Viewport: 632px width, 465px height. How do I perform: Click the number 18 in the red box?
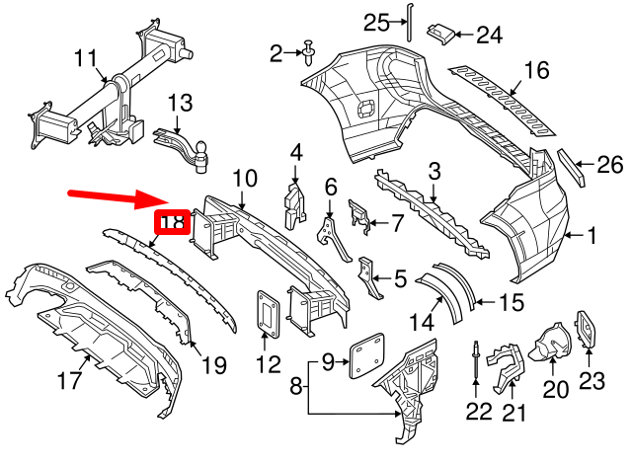pyautogui.click(x=172, y=222)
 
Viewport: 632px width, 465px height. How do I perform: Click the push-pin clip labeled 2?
pyautogui.click(x=310, y=49)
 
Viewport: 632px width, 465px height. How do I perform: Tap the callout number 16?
pyautogui.click(x=536, y=71)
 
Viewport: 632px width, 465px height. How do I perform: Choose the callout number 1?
pyautogui.click(x=592, y=236)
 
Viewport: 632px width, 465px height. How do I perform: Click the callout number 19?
pyautogui.click(x=214, y=367)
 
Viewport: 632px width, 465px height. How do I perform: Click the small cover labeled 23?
pyautogui.click(x=586, y=325)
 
